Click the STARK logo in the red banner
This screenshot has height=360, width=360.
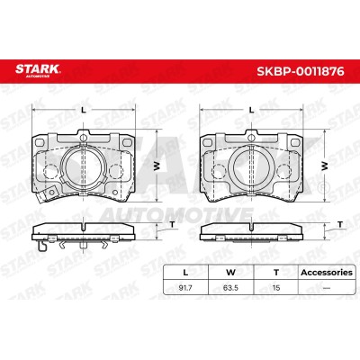(x=38, y=70)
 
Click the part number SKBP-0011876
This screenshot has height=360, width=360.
(x=301, y=71)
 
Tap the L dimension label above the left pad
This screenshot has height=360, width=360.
(x=84, y=110)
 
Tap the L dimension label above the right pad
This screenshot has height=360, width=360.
(x=252, y=110)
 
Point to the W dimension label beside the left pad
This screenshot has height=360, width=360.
(x=157, y=166)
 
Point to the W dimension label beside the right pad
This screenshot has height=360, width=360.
(x=325, y=166)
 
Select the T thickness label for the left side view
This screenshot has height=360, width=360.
(x=172, y=224)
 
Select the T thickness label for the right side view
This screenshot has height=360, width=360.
(x=340, y=224)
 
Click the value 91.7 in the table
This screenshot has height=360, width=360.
(x=185, y=288)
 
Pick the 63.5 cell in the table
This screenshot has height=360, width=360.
(x=230, y=288)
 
